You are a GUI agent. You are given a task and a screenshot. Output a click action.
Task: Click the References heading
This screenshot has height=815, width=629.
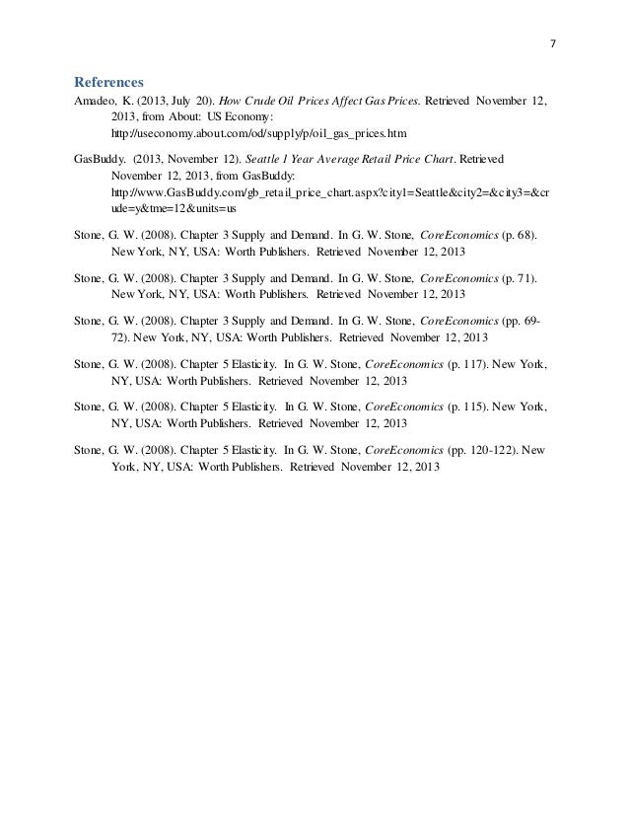[x=109, y=81]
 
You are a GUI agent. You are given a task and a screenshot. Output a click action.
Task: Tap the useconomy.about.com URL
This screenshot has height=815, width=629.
[x=258, y=132]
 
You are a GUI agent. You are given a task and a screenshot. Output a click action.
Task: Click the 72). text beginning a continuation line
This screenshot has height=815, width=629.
[x=122, y=336]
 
